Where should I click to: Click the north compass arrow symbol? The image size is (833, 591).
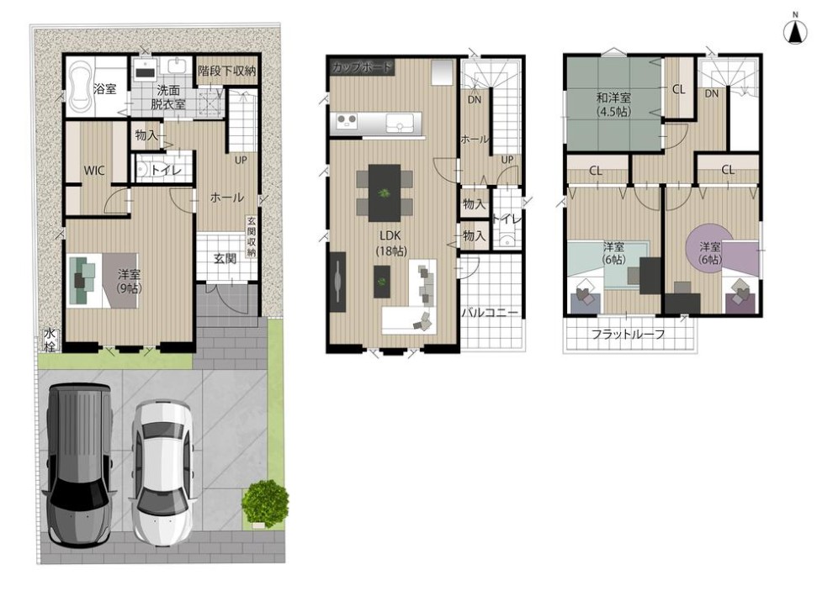coord(795,34)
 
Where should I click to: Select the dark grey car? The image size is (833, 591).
coord(79,466)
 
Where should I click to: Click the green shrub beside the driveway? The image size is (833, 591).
coord(265,504)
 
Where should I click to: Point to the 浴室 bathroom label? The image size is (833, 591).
coord(104,88)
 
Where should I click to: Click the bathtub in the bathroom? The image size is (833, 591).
coord(80,87)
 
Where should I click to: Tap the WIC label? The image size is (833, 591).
coord(94,171)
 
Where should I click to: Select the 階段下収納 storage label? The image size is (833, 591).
coord(227,71)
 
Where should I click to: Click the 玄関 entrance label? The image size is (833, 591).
coord(225,259)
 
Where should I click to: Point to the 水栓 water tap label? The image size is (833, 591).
coord(50,340)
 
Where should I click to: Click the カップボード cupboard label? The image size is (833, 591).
coord(362,67)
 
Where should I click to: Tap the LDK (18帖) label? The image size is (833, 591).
coord(390,243)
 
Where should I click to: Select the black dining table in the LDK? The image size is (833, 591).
coord(384,193)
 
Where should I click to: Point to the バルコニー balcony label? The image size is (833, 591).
coord(489,312)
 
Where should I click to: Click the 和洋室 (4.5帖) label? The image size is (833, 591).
coord(613,104)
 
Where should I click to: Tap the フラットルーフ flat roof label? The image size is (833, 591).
coord(629,335)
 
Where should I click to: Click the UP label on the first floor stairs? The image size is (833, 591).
coord(241,160)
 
